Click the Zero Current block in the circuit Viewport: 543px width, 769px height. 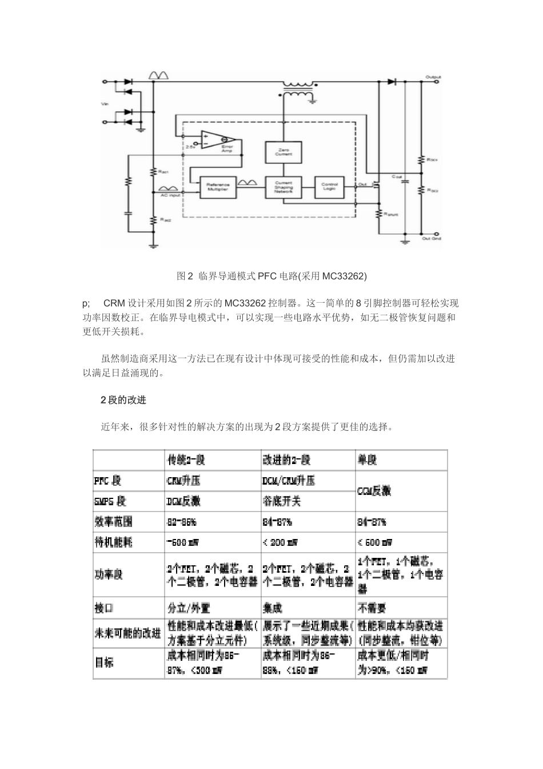(x=284, y=152)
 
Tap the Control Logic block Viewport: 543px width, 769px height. (x=329, y=187)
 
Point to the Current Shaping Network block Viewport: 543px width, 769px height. (x=284, y=187)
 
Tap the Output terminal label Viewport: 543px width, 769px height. (x=433, y=76)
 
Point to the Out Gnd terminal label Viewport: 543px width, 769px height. (x=432, y=239)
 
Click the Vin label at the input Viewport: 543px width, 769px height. (x=105, y=105)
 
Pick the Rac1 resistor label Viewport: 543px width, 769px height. (x=163, y=172)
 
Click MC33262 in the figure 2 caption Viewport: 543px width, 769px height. (x=344, y=276)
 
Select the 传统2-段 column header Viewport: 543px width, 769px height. (x=185, y=460)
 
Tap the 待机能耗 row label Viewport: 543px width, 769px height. (x=113, y=542)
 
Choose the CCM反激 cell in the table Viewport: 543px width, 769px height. (x=374, y=491)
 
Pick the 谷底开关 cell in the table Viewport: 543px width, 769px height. (x=281, y=501)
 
